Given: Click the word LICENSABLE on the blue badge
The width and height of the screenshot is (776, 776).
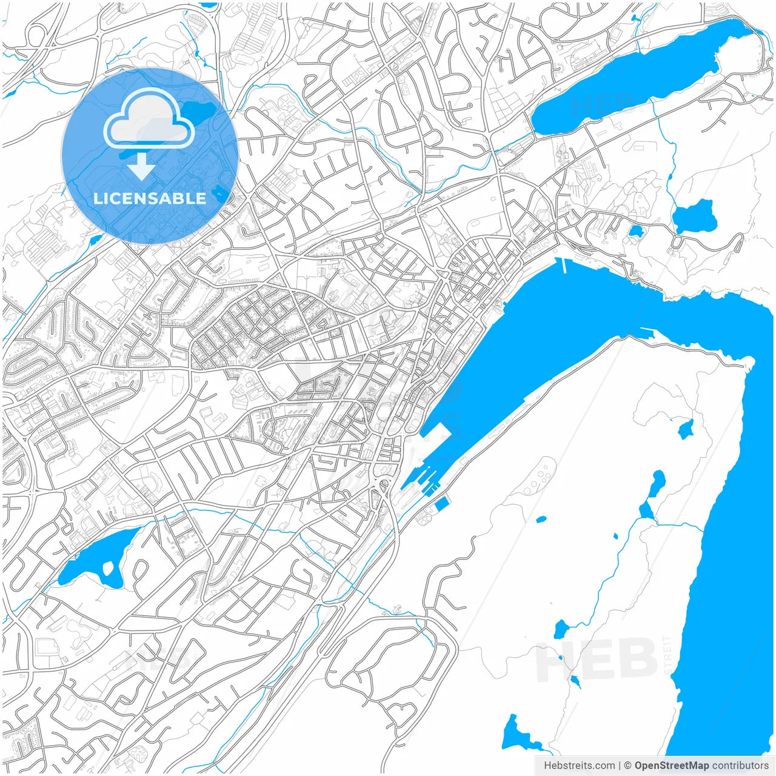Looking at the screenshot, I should point(149,199).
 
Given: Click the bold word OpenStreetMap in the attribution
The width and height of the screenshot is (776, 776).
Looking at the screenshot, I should point(672,766).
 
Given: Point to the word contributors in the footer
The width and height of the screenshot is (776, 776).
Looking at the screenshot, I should point(740,766).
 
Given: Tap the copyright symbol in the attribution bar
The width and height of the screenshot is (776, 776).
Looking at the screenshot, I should point(628,766).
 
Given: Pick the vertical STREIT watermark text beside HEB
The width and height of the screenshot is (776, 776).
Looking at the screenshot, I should point(668,655).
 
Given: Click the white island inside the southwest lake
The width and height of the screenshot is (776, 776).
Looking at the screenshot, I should point(109,569).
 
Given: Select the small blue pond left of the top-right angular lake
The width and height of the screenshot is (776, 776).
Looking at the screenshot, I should point(635,231).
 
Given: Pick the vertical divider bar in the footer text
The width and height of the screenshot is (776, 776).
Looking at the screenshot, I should point(619,766).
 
